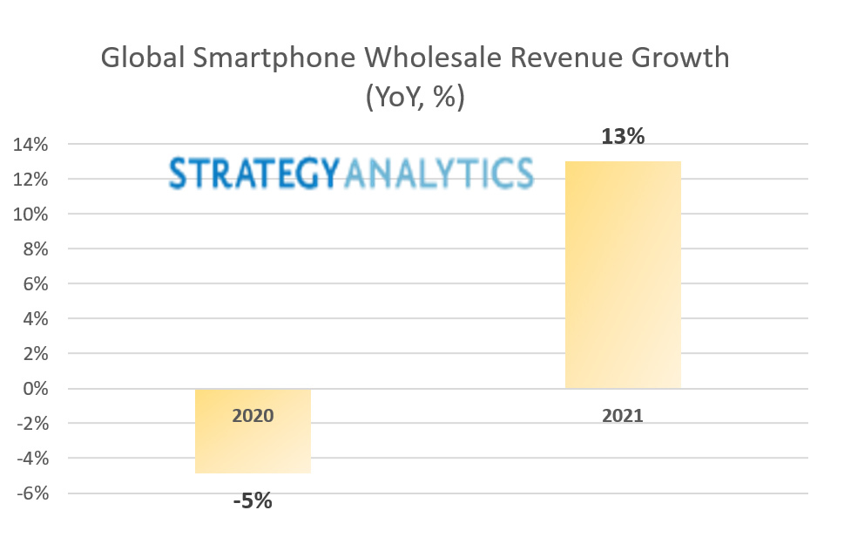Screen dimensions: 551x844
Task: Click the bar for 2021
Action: tap(622, 275)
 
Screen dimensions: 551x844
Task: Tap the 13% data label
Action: tap(622, 137)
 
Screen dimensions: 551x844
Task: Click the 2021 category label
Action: tap(622, 415)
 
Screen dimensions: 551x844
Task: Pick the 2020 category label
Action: tap(253, 415)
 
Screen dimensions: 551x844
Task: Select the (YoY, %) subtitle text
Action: tap(415, 97)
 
